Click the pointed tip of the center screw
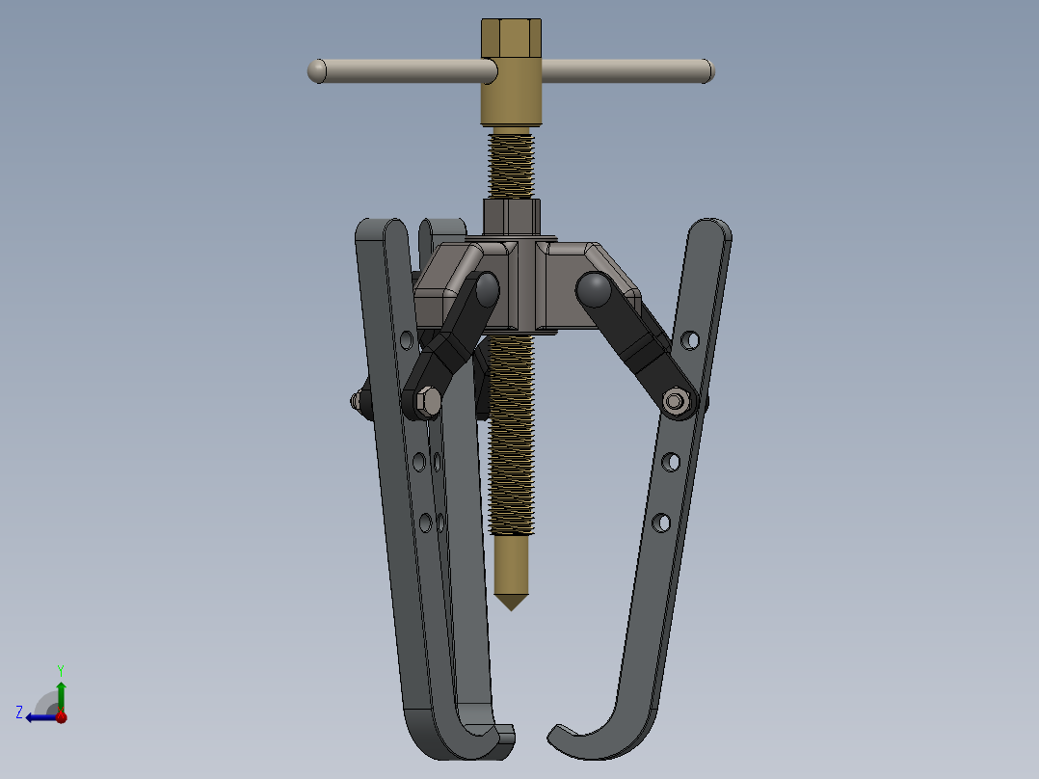click(511, 604)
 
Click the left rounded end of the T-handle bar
click(316, 70)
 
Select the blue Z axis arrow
click(39, 716)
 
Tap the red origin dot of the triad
click(61, 716)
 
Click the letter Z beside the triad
click(19, 712)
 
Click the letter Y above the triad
click(60, 669)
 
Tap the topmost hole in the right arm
click(689, 339)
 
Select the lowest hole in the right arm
click(661, 523)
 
